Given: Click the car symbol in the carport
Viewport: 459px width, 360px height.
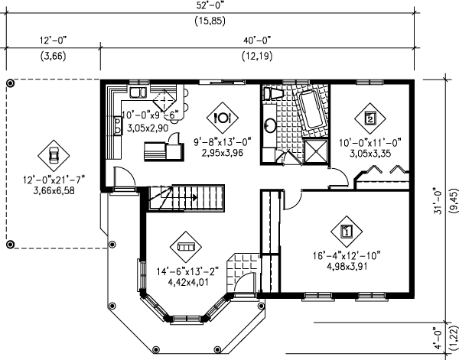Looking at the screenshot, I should coord(53,154).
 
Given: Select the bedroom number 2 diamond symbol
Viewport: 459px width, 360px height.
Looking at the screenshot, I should coord(369,118).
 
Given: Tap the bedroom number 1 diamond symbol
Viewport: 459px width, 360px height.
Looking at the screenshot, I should coord(346,229).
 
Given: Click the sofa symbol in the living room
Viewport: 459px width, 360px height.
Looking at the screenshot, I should coord(185,247).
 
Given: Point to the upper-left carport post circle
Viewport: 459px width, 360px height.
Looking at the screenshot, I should coord(11,82).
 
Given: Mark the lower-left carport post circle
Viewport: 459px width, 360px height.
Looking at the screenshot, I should coord(11,244).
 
